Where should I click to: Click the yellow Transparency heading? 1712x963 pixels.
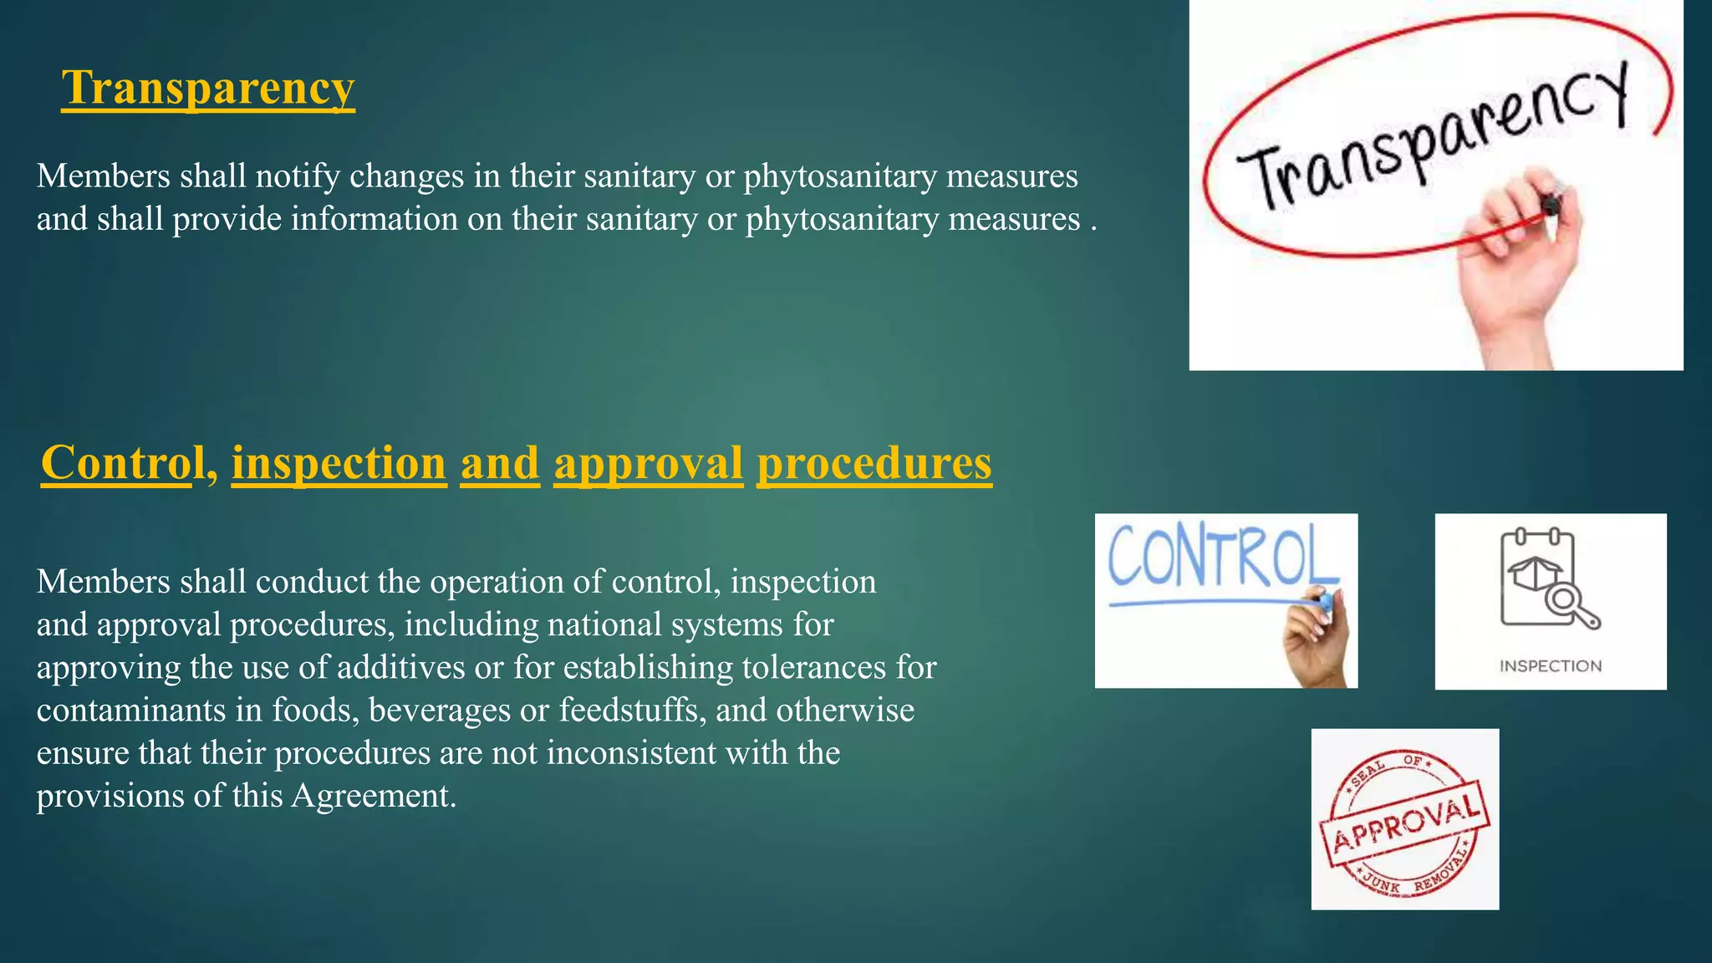point(208,88)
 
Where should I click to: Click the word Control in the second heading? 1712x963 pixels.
point(123,462)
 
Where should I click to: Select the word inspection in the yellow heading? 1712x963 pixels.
point(339,462)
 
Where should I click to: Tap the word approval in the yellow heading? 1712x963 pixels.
point(648,462)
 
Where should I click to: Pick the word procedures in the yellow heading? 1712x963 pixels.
point(874,462)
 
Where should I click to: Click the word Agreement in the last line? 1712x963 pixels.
point(373,795)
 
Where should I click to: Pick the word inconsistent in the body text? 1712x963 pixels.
point(631,752)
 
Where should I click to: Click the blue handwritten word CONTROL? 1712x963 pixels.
point(1220,556)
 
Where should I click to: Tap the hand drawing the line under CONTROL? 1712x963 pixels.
point(1317,639)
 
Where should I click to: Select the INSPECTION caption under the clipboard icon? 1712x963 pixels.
point(1551,666)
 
